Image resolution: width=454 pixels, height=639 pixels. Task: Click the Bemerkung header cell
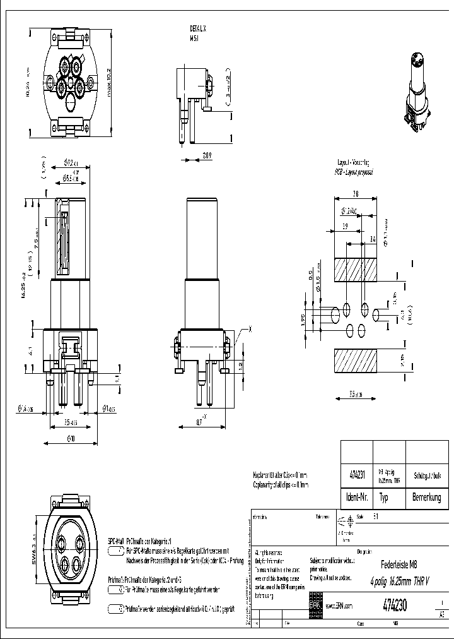tap(426, 498)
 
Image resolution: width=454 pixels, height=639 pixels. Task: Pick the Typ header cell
tap(385, 498)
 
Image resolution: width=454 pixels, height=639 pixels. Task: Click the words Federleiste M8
tap(399, 564)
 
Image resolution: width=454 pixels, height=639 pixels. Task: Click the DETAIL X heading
tap(198, 29)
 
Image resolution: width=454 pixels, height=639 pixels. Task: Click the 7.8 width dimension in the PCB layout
tap(356, 194)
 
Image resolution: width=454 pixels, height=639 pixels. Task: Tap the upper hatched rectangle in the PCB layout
tap(356, 270)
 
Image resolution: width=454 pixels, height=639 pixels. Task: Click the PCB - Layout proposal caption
tap(354, 172)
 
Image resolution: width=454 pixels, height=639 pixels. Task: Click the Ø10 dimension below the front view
tap(70, 438)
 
